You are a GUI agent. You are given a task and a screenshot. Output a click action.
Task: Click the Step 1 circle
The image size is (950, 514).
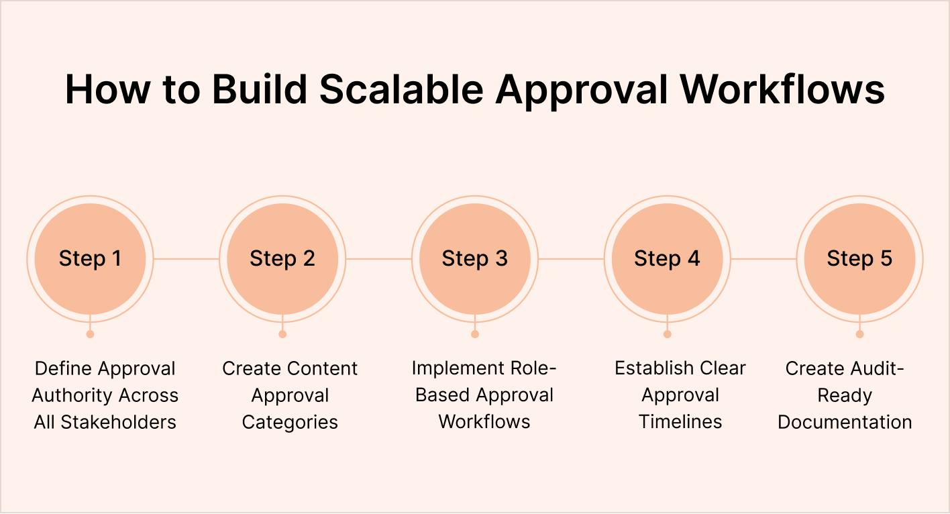90,259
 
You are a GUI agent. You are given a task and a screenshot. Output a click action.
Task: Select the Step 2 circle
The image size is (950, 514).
282,259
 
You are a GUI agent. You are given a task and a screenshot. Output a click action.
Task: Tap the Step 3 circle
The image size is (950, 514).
475,259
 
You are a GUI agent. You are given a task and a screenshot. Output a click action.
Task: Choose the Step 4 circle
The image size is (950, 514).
667,259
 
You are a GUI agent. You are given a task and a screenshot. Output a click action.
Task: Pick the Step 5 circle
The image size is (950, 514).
859,259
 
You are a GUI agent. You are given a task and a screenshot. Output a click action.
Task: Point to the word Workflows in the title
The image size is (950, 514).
784,90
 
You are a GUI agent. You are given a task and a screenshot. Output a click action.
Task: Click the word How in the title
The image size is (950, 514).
107,90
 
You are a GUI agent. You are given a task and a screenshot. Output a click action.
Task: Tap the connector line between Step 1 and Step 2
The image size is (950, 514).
187,259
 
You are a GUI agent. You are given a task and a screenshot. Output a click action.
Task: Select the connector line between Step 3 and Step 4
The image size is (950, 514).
571,259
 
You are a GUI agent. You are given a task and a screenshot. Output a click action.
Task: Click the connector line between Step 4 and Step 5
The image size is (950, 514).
763,259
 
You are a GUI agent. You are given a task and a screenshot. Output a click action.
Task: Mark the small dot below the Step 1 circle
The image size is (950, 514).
90,334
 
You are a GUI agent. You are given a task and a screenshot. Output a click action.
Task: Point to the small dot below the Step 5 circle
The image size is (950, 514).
859,334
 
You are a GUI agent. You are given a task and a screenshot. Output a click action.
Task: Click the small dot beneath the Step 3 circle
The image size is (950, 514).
475,334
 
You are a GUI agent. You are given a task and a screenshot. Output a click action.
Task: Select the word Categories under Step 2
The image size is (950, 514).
290,422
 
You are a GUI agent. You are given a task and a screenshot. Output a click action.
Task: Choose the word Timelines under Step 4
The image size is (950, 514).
680,422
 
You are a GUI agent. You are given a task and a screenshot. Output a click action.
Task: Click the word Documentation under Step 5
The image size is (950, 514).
845,422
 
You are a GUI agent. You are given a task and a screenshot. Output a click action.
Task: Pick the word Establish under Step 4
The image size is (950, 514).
653,368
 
